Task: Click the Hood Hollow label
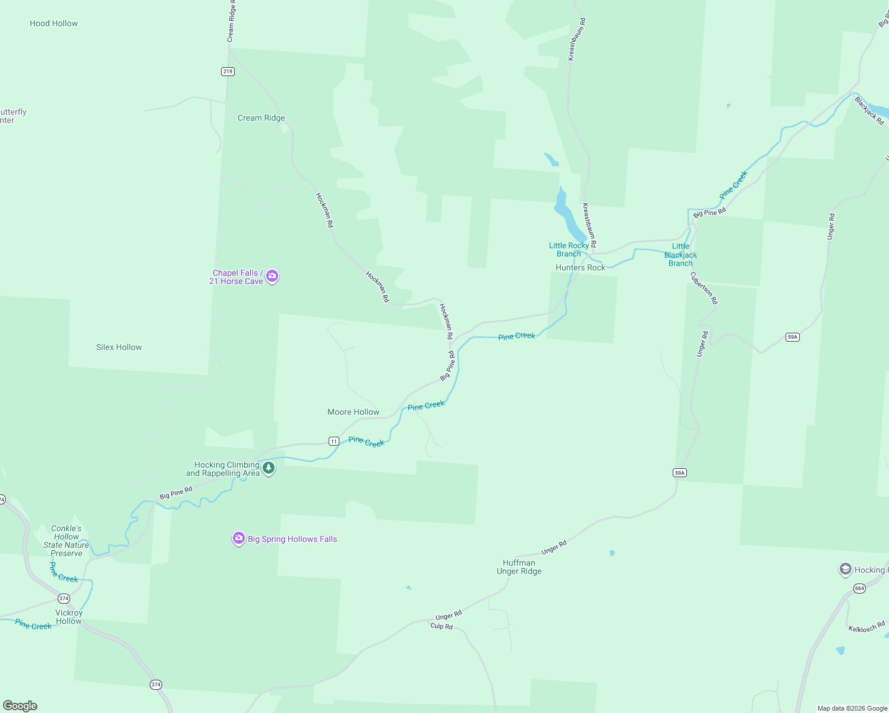point(53,24)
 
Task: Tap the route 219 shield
point(228,71)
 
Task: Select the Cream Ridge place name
point(261,118)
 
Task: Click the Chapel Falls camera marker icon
point(272,276)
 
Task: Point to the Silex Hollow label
point(119,348)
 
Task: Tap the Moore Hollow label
point(353,412)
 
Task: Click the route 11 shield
point(334,441)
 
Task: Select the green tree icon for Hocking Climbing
point(269,468)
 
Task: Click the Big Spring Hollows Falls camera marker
point(239,538)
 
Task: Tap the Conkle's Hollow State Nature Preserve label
point(66,541)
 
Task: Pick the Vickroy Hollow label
point(69,617)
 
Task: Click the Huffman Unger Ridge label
point(519,567)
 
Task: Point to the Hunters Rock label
point(580,268)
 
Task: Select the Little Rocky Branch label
point(569,250)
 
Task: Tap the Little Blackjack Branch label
point(680,255)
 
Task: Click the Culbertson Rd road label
point(704,288)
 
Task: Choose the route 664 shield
point(859,588)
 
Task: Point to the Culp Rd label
point(442,626)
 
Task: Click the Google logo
point(20,706)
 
